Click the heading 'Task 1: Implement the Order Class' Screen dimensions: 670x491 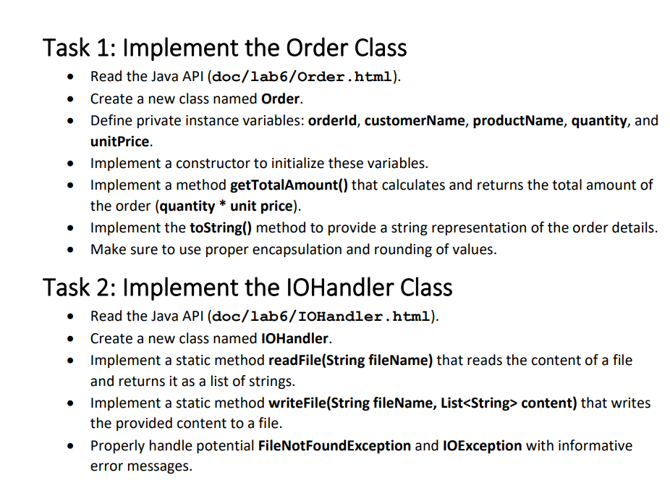coord(225,48)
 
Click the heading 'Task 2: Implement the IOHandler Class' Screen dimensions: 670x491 coord(247,287)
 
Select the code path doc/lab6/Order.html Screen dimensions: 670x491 coord(302,77)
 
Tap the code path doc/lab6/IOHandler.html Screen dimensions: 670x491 coord(321,316)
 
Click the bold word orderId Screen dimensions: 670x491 coord(332,121)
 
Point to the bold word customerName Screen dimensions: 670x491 coord(415,121)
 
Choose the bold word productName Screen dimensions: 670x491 coord(518,121)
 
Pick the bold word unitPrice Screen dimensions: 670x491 coord(119,141)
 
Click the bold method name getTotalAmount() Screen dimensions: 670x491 coord(289,185)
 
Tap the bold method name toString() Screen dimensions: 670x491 coord(221,228)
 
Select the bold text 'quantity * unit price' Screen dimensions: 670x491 coord(226,206)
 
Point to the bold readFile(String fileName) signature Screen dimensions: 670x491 coord(350,361)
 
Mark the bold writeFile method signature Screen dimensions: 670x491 coord(423,403)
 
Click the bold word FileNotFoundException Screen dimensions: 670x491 coord(334,446)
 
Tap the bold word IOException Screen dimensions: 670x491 coord(483,446)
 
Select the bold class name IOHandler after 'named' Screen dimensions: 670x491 coord(294,339)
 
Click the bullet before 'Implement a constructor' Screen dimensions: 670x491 coord(70,164)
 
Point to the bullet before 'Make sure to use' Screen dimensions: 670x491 coord(70,250)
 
